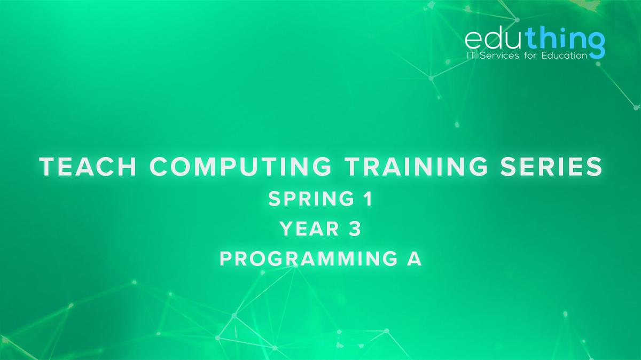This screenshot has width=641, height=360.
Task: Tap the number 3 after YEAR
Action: pyautogui.click(x=356, y=229)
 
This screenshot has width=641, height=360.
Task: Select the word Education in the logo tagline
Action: pyautogui.click(x=566, y=56)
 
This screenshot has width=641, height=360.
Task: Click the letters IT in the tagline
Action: pyautogui.click(x=471, y=56)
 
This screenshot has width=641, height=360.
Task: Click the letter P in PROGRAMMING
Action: pyautogui.click(x=226, y=259)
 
